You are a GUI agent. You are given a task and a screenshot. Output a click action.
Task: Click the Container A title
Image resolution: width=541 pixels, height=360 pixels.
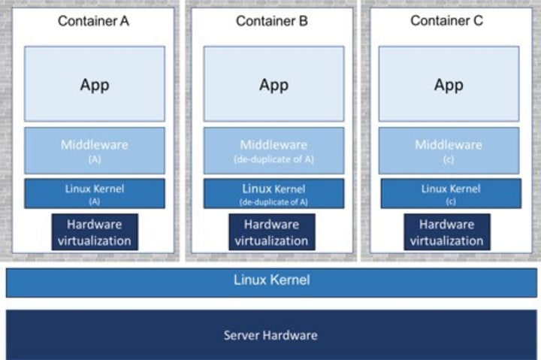(94, 21)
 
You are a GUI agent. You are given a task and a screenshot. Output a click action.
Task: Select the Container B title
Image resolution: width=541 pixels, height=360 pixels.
(272, 21)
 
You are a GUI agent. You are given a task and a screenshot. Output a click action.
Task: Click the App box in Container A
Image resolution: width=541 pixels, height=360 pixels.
(95, 84)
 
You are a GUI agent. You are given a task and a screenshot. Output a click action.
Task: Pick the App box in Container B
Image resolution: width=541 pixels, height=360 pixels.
(274, 84)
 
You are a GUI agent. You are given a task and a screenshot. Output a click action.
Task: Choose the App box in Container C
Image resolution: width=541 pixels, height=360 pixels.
(449, 84)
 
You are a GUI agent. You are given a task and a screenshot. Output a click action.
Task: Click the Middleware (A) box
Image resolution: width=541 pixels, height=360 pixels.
(95, 150)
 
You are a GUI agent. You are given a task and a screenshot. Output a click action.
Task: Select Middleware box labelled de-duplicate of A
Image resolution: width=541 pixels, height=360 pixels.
(274, 150)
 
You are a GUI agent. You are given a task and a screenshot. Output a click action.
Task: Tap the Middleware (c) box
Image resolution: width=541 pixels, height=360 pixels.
(449, 150)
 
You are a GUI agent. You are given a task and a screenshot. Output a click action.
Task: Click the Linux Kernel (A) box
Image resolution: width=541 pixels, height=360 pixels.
(95, 193)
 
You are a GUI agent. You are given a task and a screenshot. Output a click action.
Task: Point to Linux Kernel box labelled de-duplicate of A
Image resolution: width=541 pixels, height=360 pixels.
(274, 193)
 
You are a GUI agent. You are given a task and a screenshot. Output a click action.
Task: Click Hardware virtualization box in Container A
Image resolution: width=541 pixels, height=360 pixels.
(95, 232)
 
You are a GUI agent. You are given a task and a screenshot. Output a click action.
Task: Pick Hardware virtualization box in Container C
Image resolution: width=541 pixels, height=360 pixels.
(446, 232)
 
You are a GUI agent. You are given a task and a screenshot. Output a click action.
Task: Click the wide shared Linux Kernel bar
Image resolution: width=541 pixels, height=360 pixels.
(271, 281)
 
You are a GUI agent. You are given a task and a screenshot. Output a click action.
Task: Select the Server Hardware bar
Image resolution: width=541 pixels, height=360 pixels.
(271, 334)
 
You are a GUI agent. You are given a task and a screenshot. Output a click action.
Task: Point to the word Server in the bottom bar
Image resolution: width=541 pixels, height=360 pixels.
(241, 334)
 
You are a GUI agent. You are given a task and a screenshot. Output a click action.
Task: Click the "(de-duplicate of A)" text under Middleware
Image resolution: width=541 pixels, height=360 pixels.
(274, 159)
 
